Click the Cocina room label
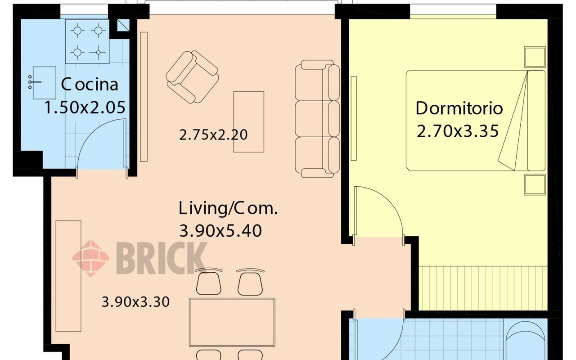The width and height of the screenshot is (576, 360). point(90,84)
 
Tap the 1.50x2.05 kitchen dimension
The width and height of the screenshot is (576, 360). point(85,108)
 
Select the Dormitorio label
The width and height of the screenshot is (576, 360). point(459,108)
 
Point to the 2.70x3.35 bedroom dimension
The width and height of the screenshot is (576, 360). point(458,131)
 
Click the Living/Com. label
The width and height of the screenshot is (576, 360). point(228,208)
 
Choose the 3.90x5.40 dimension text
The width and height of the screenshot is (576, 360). point(220,231)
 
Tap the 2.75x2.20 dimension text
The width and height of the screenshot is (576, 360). point(213,135)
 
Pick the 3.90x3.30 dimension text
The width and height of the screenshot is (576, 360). point(135,302)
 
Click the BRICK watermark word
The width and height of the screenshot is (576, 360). point(162,258)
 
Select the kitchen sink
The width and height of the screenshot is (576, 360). point(42,83)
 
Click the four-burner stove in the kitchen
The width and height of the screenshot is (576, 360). point(87,41)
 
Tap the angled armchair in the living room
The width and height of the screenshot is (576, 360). point(192,77)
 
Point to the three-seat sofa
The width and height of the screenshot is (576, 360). point(317,119)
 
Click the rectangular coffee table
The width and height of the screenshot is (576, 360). point(249,122)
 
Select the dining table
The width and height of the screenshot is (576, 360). point(232,322)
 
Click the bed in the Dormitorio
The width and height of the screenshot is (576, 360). point(476,121)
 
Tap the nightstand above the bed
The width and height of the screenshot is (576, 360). point(535,57)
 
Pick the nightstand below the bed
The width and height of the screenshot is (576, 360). point(535,184)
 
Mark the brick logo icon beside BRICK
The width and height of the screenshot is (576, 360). point(91,258)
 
